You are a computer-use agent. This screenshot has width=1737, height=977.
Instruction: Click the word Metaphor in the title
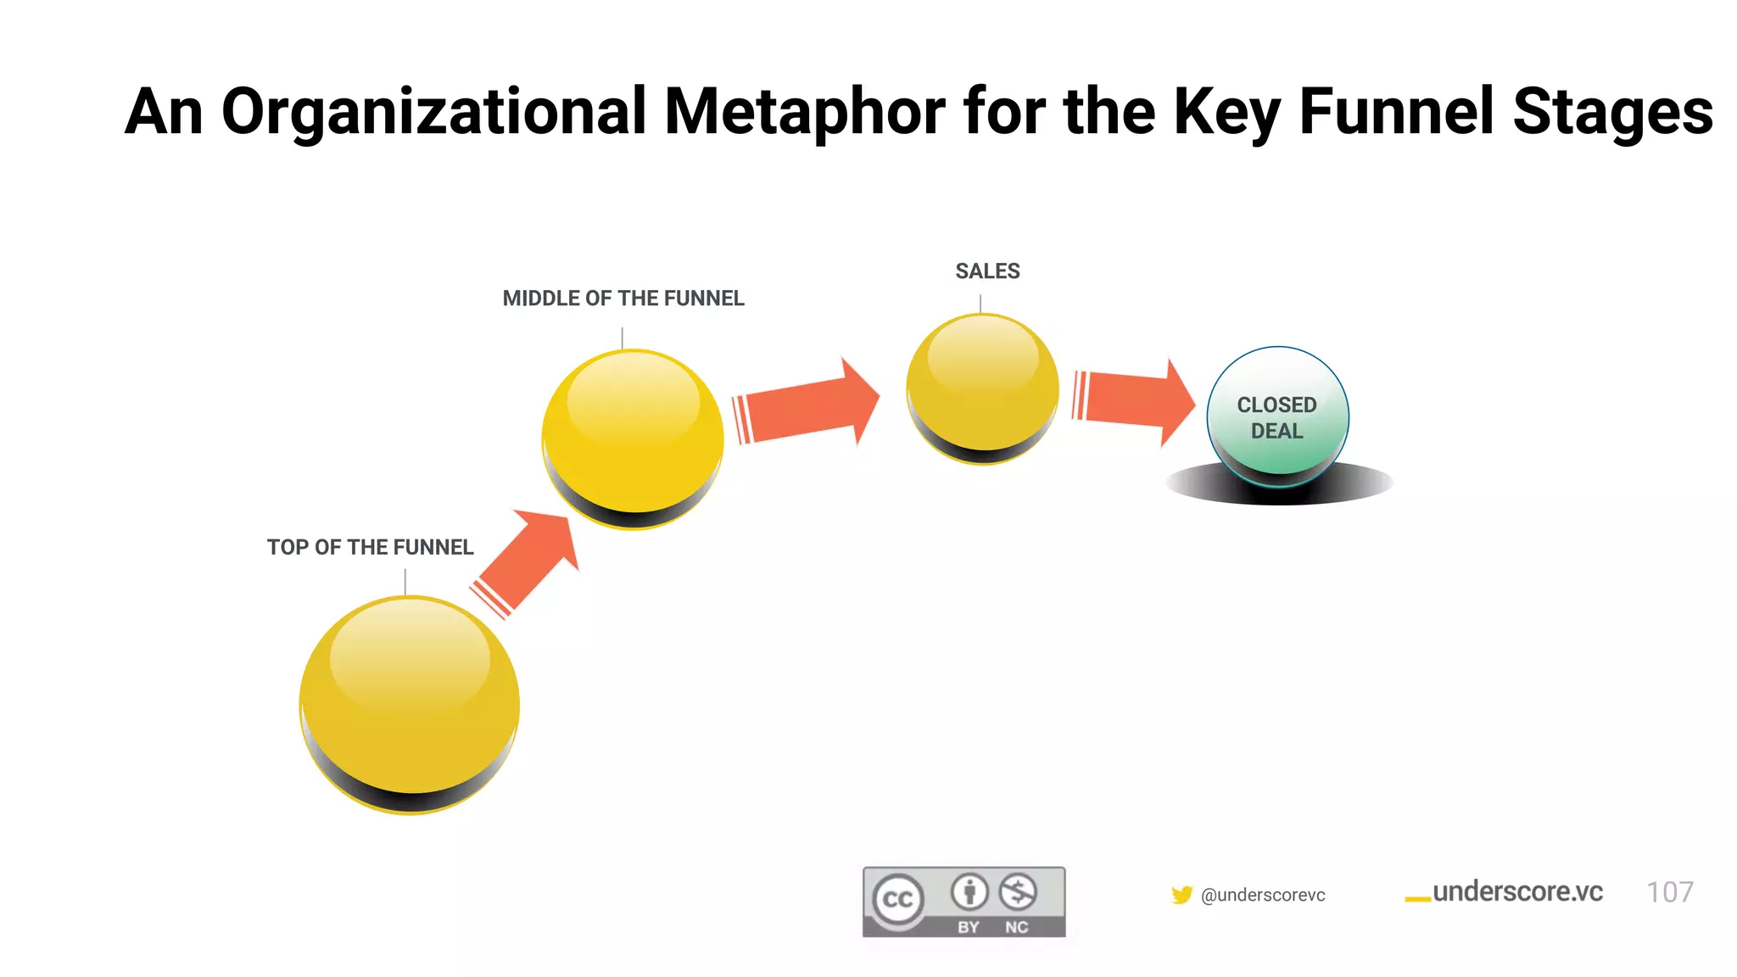point(804,113)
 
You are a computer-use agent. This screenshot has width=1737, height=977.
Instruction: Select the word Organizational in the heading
point(433,113)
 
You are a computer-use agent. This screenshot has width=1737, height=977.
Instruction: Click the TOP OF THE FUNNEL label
point(370,548)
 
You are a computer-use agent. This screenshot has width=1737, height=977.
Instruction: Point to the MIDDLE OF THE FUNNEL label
point(623,299)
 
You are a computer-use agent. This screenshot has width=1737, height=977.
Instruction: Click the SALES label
point(987,271)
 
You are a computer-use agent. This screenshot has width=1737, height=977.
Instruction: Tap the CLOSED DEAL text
point(1276,418)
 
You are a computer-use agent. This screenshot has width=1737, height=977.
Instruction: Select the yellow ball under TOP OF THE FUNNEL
point(410,705)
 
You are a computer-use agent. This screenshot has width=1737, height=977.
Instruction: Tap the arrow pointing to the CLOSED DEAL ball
point(1137,400)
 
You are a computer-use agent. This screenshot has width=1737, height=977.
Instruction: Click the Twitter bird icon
point(1181,895)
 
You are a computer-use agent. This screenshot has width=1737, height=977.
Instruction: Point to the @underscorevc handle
point(1263,896)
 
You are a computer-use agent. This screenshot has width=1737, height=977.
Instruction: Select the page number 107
point(1669,892)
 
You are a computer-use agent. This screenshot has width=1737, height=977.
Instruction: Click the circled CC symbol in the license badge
point(898,899)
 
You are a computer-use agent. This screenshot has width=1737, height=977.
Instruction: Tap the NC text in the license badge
point(1016,927)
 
